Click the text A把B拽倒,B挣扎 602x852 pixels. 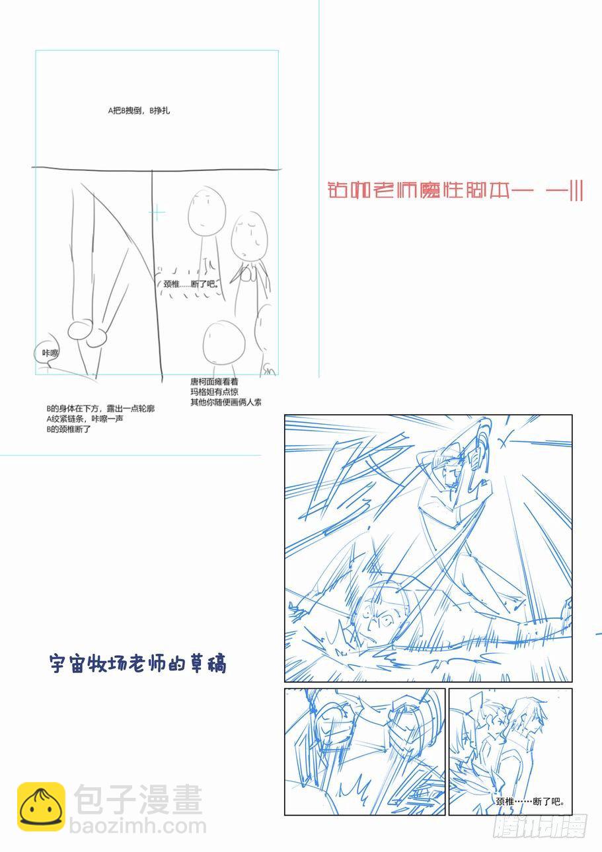point(139,111)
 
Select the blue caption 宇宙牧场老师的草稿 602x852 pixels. point(137,663)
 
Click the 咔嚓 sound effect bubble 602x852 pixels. point(50,353)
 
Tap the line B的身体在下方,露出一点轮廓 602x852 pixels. point(100,409)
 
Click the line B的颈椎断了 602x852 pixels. point(69,429)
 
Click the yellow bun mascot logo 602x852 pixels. point(41,806)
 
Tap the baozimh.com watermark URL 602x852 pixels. point(140,826)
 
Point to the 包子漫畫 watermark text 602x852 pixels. point(138,800)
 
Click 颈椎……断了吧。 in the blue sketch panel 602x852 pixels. point(530,802)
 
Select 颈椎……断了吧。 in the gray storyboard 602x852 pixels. point(190,285)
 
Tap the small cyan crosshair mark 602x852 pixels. point(157,212)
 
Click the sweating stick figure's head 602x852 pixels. point(249,236)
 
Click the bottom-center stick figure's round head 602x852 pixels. point(224,342)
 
